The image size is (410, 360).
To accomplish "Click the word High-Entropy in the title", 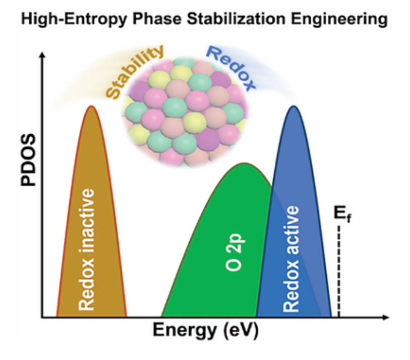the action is point(74,20).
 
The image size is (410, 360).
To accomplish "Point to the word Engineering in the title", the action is point(339,20).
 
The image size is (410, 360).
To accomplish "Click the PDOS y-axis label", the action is point(28,160).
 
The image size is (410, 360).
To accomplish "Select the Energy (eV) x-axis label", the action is point(206,330).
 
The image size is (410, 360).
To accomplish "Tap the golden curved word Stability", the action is point(135,72).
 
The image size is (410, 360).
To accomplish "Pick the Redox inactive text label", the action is point(86,249).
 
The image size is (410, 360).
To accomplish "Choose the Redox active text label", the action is point(291,259).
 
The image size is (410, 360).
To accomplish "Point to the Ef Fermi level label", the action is point(342,214).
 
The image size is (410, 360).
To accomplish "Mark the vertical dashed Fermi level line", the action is point(339,272).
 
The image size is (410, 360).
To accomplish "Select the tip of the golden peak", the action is point(91,106).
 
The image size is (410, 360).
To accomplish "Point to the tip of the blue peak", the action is point(294,106).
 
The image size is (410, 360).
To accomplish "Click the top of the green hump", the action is point(245,164).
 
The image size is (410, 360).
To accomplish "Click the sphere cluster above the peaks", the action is point(185,113).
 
